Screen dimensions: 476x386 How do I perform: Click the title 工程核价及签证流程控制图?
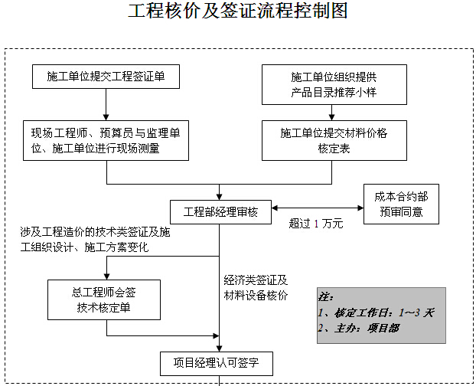tap(238, 11)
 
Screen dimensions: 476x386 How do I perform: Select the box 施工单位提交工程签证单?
tap(106, 77)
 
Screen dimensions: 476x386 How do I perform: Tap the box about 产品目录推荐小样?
tap(334, 85)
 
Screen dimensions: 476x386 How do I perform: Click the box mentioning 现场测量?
tap(106, 141)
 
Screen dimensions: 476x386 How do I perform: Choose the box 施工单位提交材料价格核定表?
tap(334, 141)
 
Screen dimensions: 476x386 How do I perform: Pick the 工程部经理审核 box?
tap(220, 212)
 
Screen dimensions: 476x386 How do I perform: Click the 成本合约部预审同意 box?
tap(401, 204)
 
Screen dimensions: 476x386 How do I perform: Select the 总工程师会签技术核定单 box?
tap(104, 299)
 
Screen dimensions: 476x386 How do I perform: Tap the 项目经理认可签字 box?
tap(217, 364)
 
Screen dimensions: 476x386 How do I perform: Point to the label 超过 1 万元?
tap(316, 224)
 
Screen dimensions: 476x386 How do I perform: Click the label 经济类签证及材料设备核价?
tap(256, 288)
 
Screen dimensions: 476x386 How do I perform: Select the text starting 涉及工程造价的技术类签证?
tap(95, 240)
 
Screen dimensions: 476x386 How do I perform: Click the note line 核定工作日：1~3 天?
tap(376, 312)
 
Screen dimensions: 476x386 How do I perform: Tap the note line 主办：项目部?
tap(358, 329)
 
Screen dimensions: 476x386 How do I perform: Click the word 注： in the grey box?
tap(326, 297)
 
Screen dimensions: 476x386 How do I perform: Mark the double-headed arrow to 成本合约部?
tap(318, 208)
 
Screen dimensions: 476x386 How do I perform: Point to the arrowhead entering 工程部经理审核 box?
tap(219, 197)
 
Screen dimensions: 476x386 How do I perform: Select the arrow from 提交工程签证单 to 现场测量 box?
tap(106, 104)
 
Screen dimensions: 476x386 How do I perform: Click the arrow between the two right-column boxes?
tap(331, 113)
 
